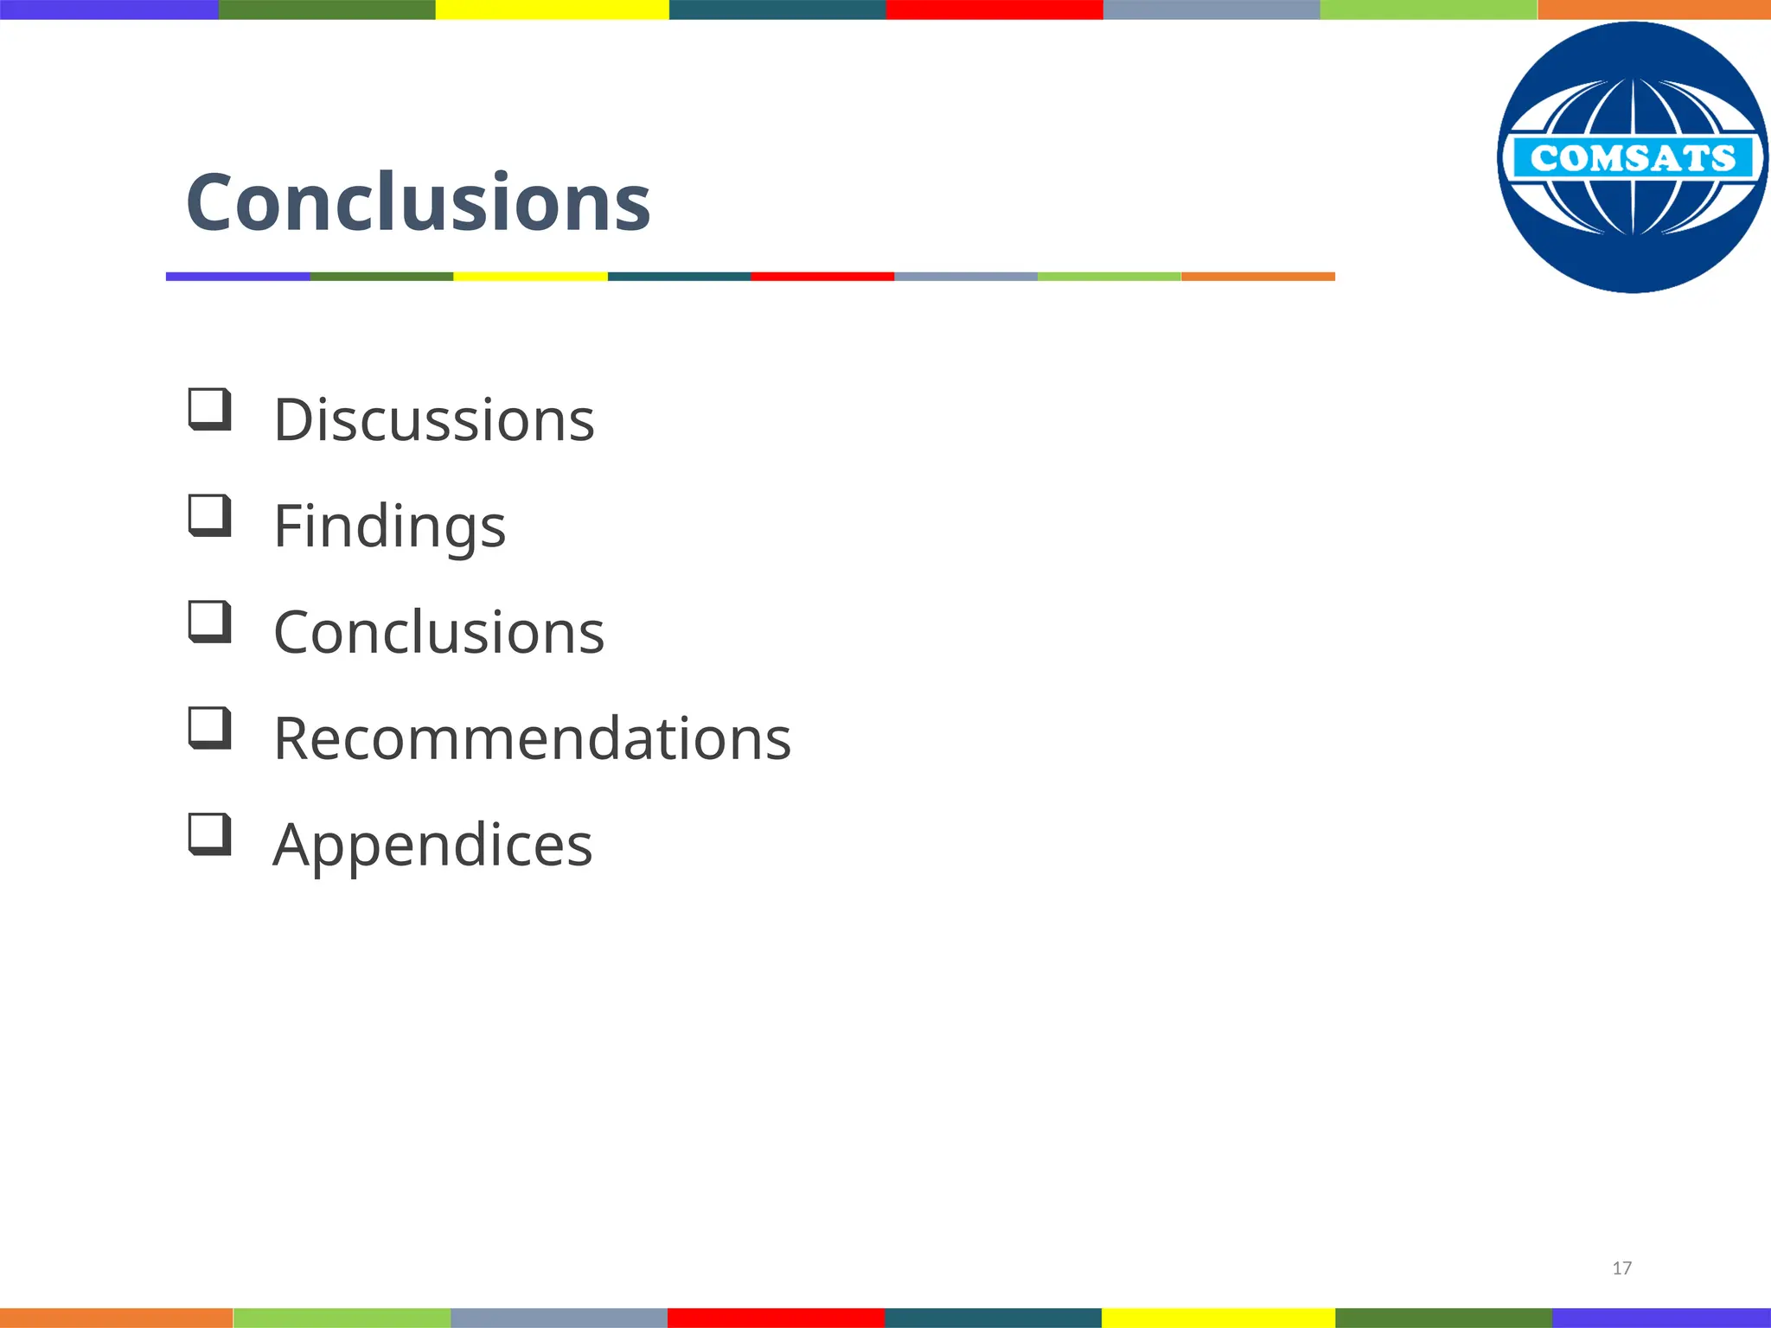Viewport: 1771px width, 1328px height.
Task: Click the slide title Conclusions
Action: pos(418,202)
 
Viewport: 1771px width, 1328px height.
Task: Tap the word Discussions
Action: pos(433,420)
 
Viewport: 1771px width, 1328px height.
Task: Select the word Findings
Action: pos(389,527)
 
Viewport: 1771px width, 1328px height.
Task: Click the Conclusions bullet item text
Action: pos(438,633)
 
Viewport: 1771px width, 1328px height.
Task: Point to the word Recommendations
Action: pos(532,739)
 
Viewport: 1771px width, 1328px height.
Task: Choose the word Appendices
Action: pos(432,845)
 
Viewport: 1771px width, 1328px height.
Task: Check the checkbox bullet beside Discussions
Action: pos(209,409)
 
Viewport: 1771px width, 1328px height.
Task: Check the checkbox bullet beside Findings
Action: pos(209,515)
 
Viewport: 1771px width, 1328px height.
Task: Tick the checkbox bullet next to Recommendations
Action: pos(209,728)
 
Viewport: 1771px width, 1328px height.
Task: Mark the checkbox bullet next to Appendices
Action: pos(209,834)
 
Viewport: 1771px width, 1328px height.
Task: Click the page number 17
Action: pos(1621,1268)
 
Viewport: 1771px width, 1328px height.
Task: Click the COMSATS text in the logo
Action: pos(1632,158)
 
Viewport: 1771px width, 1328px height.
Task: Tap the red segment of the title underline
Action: pos(822,277)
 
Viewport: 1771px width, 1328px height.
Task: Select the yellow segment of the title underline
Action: pos(530,277)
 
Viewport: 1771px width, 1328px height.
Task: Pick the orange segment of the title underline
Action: pos(1257,277)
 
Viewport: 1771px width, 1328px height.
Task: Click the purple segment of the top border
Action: pos(109,10)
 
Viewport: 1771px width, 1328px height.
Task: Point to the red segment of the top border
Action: pos(994,10)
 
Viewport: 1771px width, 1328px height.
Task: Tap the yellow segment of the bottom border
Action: pos(1218,1318)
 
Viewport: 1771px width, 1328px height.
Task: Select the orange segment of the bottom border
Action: pos(116,1318)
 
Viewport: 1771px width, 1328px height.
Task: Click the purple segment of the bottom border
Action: pos(1660,1318)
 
